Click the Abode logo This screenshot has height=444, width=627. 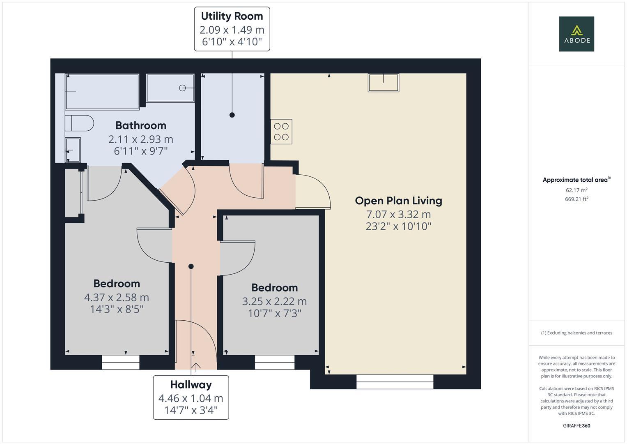coord(576,34)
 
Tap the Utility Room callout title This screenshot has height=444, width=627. coord(232,16)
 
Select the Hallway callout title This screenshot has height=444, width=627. coord(191,385)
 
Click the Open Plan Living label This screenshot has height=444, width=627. coord(398,201)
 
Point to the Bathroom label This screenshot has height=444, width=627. coord(140,125)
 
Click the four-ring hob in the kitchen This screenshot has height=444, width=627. coord(281,132)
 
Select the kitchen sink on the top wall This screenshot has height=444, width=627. coord(384,83)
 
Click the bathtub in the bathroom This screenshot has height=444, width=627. coord(102,91)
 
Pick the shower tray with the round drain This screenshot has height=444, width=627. coord(170,88)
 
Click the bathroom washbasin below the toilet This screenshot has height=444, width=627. coord(73,150)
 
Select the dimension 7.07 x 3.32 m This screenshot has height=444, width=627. coord(398,214)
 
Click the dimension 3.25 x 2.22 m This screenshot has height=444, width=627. coord(274,301)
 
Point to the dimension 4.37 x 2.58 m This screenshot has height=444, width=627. coord(116,297)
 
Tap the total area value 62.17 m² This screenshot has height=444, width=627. coord(576,190)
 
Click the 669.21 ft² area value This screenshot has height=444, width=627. coord(576,199)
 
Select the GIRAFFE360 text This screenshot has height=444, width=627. coord(576,425)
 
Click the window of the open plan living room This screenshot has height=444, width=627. coord(395,382)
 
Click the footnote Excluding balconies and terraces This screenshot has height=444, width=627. coord(576,333)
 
